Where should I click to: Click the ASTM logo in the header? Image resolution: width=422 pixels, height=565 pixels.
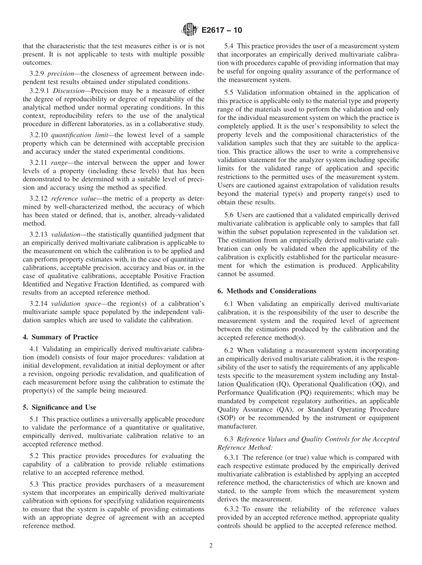tap(190, 31)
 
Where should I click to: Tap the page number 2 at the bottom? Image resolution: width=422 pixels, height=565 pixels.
tap(211, 546)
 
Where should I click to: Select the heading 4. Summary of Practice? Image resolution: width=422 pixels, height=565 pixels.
tap(60, 337)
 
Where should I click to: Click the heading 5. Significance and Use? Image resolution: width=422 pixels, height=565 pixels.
tap(60, 407)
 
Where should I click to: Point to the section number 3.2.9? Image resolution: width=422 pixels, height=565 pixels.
tap(37, 73)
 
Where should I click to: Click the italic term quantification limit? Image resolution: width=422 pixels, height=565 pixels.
tap(78, 135)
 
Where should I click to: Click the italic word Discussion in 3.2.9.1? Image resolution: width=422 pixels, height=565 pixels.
tap(69, 90)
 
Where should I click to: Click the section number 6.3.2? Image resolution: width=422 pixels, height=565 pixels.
tap(233, 509)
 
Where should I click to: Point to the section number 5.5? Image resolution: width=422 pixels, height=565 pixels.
tap(230, 92)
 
